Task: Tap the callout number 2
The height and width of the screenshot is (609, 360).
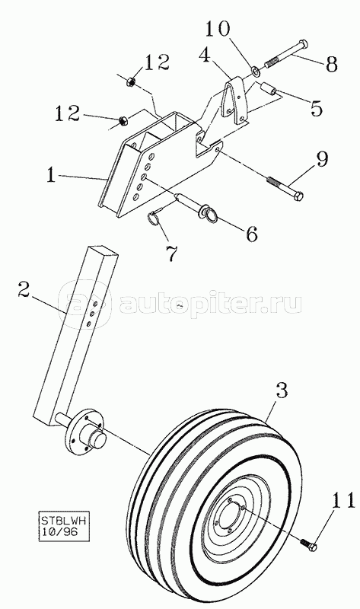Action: click(x=24, y=291)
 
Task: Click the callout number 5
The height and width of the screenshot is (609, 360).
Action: click(x=316, y=108)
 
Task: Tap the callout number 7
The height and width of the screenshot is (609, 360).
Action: click(x=172, y=253)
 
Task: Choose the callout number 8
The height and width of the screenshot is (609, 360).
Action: click(x=331, y=65)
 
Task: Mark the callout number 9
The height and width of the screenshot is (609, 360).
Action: click(x=321, y=160)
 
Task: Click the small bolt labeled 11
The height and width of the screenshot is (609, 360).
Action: click(x=308, y=543)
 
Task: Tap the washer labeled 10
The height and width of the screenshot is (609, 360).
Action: click(x=255, y=71)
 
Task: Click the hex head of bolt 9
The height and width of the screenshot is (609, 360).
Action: click(x=298, y=196)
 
